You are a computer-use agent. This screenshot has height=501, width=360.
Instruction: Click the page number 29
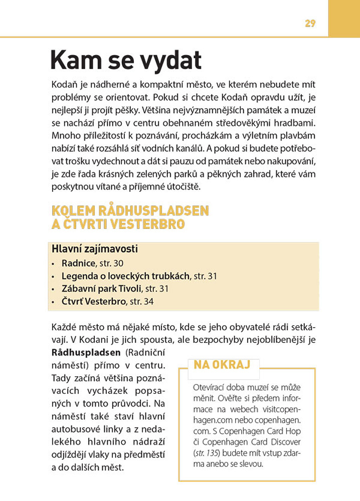(x=310, y=23)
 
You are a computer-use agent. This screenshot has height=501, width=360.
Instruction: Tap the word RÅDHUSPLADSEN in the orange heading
(x=156, y=210)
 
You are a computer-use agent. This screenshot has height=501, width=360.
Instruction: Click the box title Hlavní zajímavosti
(x=95, y=249)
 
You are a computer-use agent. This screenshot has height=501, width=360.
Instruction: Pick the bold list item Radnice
(x=78, y=263)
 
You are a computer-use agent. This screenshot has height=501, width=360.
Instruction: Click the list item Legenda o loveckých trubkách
(x=125, y=276)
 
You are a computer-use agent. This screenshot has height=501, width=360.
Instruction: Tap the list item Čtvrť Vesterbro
(x=93, y=302)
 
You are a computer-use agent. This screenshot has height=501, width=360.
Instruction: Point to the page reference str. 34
(x=142, y=302)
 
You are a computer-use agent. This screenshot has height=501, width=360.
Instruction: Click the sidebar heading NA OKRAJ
(x=222, y=364)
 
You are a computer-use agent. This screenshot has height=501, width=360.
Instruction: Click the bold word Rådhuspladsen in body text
(x=86, y=352)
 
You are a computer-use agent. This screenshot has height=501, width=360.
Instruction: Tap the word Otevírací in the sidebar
(x=210, y=388)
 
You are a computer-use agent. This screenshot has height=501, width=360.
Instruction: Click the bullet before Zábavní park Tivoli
(x=54, y=289)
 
